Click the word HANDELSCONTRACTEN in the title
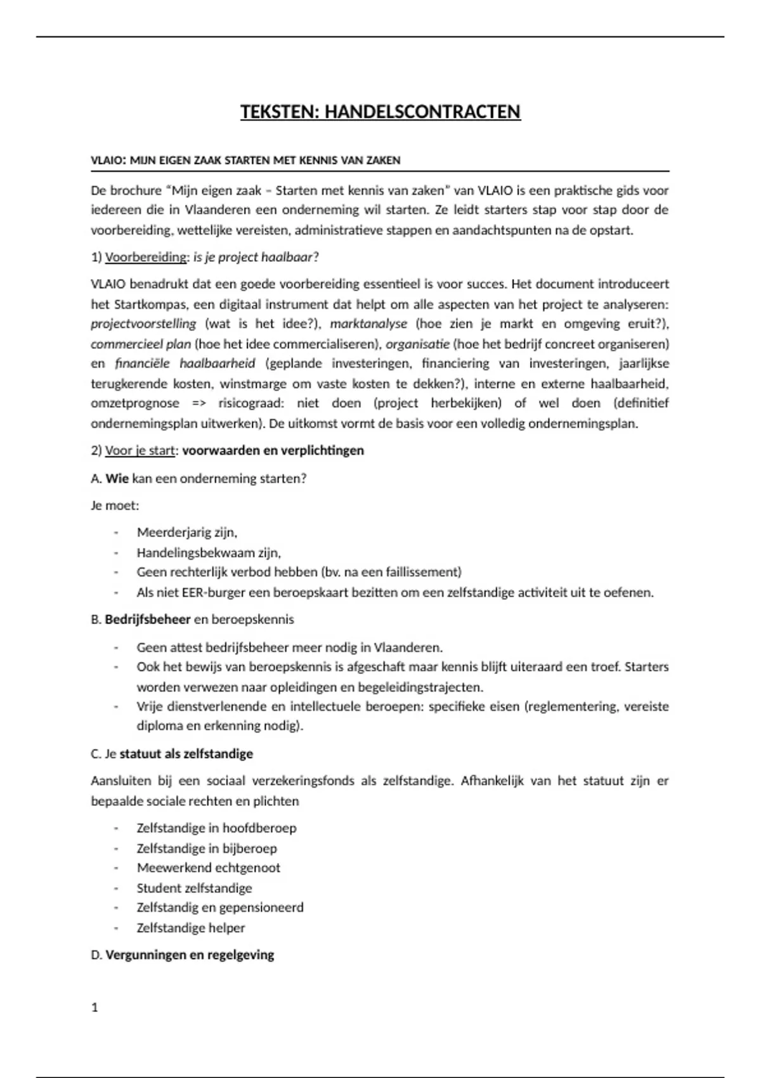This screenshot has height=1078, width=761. [422, 112]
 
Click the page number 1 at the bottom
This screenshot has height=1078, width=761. [95, 1008]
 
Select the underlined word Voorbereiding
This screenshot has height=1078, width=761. [146, 257]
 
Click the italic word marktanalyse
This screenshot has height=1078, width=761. [368, 324]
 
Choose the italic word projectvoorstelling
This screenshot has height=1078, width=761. [143, 324]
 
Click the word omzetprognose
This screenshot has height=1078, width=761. [135, 403]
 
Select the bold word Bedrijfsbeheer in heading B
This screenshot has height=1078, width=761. [148, 619]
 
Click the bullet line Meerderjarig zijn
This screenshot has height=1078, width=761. [186, 533]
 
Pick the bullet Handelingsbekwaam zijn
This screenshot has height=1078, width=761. [209, 553]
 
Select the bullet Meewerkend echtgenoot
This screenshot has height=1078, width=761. [208, 867]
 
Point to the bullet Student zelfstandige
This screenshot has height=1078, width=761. [194, 888]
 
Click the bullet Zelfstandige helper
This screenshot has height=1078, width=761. [190, 928]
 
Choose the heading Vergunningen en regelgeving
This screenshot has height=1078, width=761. [190, 955]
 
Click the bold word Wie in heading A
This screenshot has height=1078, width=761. [117, 479]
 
